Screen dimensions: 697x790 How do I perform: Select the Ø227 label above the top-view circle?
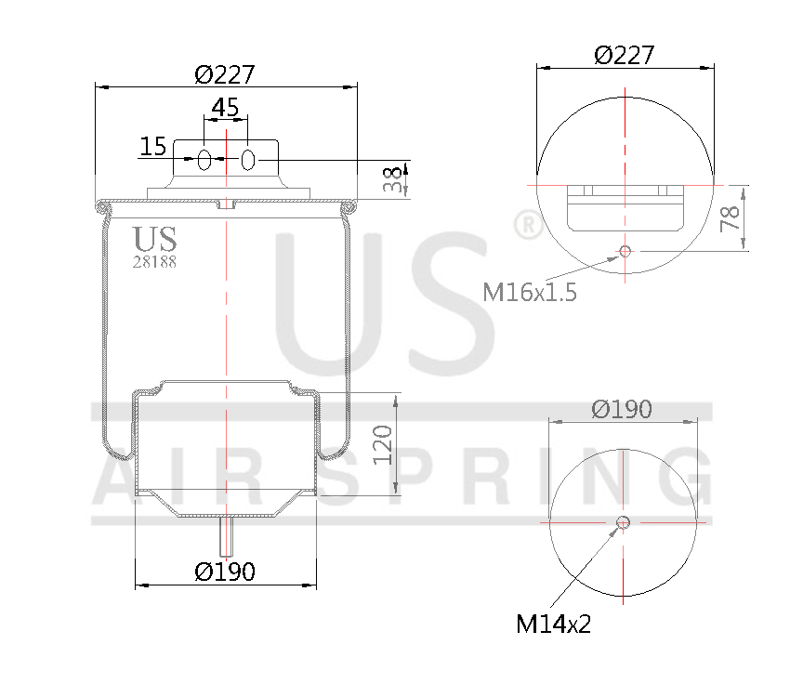click(625, 55)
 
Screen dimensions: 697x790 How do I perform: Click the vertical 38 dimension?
click(397, 179)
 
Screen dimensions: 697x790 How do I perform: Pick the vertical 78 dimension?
click(731, 217)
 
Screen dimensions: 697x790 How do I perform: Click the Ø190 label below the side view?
click(225, 572)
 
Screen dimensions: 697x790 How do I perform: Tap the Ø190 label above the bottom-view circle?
click(622, 409)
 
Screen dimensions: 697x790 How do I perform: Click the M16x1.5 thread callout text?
click(530, 293)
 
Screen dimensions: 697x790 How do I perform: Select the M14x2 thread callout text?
click(554, 624)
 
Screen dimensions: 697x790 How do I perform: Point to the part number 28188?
click(154, 262)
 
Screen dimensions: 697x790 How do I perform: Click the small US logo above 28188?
click(154, 240)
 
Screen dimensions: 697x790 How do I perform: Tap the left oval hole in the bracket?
click(204, 160)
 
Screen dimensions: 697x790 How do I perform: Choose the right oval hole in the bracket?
click(247, 160)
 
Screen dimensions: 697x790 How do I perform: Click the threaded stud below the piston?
click(226, 536)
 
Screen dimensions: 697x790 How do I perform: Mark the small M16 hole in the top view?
click(625, 251)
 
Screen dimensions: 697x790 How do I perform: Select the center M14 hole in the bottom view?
click(624, 522)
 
